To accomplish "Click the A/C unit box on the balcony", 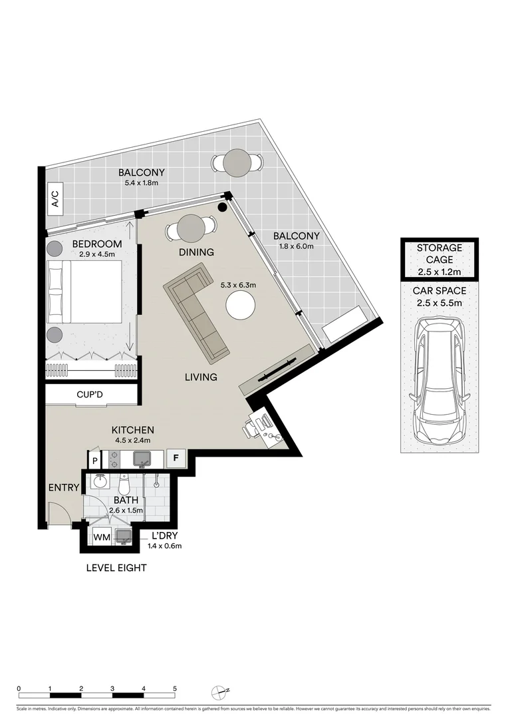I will pos(55,200).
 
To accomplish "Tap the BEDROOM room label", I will pos(97,244).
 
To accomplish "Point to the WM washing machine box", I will pos(101,537).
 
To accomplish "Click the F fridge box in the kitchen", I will pos(176,458).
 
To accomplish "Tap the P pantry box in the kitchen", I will pos(95,460).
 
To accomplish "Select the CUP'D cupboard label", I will pos(90,395).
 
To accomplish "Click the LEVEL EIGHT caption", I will pos(116,568).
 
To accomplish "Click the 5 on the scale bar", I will pos(175,688).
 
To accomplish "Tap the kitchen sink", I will pos(142,459).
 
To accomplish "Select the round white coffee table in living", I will pos(241,307).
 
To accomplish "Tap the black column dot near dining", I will pos(222,207).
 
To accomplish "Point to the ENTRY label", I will pos(63,488).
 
